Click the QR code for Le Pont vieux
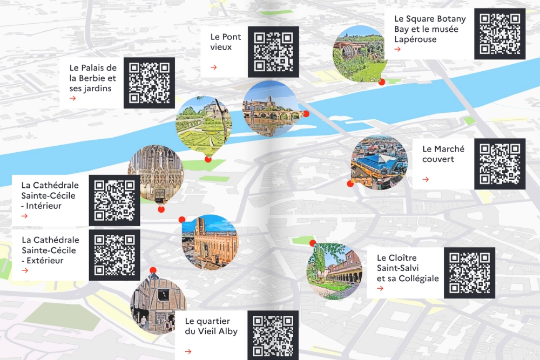pyautogui.click(x=273, y=52)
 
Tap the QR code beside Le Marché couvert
pyautogui.click(x=500, y=164)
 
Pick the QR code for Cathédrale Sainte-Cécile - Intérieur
pyautogui.click(x=114, y=200)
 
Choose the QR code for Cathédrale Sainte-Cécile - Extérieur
pyautogui.click(x=114, y=255)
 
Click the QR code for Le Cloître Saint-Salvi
pyautogui.click(x=469, y=273)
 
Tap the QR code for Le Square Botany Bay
pyautogui.click(x=500, y=33)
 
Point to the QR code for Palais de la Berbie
pyautogui.click(x=149, y=83)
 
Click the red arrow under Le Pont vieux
pyautogui.click(x=214, y=67)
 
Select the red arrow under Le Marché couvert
pyautogui.click(x=426, y=179)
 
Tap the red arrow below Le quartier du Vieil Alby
pyautogui.click(x=188, y=351)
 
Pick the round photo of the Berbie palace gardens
pyautogui.click(x=204, y=124)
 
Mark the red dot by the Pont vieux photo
pyautogui.click(x=306, y=114)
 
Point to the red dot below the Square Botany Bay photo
pyautogui.click(x=382, y=82)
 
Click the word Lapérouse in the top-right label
pyautogui.click(x=415, y=39)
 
